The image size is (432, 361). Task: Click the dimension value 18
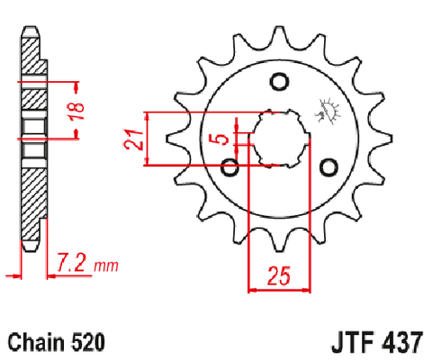(76, 111)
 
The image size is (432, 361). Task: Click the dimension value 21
(133, 140)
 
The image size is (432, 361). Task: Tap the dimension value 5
(222, 139)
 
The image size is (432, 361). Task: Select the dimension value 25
(279, 275)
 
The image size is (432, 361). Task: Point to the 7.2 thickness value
(72, 263)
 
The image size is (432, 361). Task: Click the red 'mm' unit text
(106, 266)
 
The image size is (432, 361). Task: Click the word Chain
(36, 342)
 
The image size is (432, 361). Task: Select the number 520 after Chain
(88, 342)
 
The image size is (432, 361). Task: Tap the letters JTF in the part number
(353, 342)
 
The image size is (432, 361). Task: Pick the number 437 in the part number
(402, 342)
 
